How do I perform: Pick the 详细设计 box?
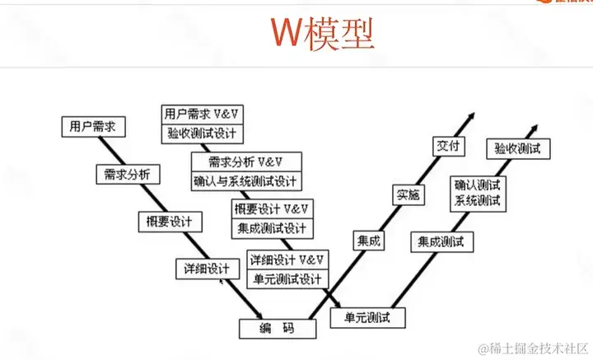tap(208, 269)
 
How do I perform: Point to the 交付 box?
tap(450, 147)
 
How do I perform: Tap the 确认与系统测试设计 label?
tap(247, 180)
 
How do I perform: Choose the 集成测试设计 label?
tap(271, 227)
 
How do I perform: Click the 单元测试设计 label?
tap(287, 278)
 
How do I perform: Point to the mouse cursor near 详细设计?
tap(221, 280)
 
